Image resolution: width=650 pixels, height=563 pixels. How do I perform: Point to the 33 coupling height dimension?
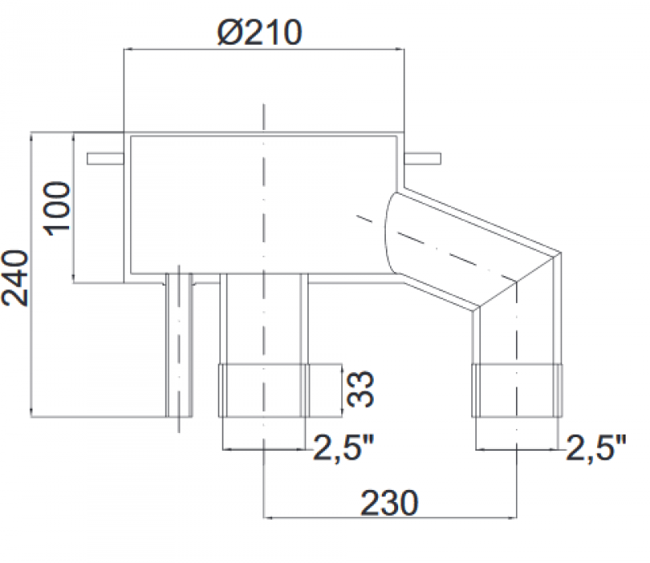point(358,389)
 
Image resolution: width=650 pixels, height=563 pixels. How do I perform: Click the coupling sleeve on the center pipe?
point(263,391)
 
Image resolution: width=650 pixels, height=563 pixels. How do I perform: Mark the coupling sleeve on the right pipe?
point(517,391)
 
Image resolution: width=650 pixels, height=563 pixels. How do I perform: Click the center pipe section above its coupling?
point(263,321)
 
